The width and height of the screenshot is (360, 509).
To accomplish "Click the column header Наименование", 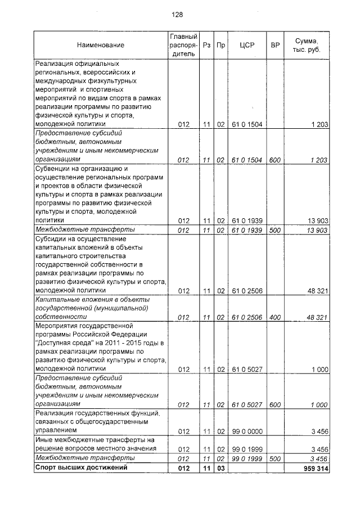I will click(101, 45).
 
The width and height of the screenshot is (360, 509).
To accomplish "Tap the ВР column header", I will click(275, 45).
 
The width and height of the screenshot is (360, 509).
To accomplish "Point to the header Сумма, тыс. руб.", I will click(307, 45).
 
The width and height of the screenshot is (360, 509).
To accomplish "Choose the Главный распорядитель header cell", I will click(183, 45).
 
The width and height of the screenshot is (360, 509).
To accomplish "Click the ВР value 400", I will click(275, 317).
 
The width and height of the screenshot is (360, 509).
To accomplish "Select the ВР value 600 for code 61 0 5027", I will click(275, 404).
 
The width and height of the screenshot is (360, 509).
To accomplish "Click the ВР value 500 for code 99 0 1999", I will click(275, 458).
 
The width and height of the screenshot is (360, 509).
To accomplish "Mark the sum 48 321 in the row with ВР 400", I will click(317, 317).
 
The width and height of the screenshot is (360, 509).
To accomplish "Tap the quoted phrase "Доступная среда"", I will click(64, 343).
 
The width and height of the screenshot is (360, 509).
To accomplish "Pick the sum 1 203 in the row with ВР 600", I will click(319, 160).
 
